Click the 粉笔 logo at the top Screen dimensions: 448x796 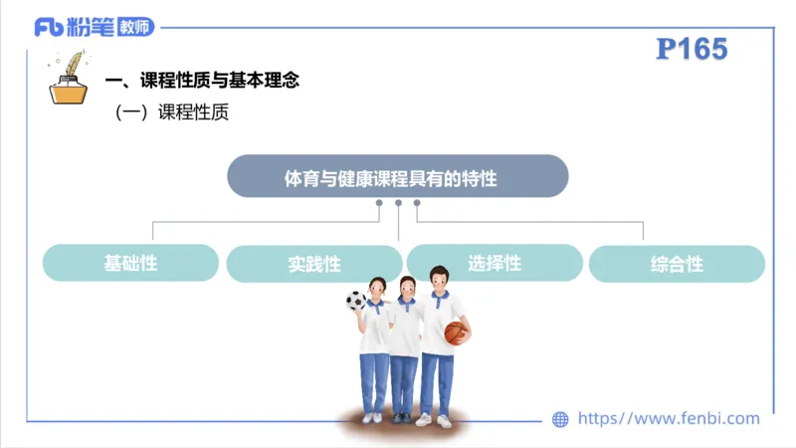click(75, 27)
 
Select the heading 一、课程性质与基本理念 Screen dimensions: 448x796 click(202, 81)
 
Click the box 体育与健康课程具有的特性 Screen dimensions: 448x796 click(397, 177)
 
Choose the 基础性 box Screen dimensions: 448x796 click(130, 263)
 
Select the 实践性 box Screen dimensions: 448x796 click(313, 264)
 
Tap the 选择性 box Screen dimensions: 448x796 click(495, 263)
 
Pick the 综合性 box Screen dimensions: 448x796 click(677, 264)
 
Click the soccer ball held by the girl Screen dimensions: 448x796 click(355, 300)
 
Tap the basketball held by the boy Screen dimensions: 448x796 click(456, 333)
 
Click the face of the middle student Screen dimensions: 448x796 click(406, 290)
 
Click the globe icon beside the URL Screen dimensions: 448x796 click(560, 419)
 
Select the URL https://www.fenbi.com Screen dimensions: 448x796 click(668, 419)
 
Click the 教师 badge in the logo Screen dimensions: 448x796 click(134, 27)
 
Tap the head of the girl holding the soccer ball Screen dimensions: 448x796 click(377, 288)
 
